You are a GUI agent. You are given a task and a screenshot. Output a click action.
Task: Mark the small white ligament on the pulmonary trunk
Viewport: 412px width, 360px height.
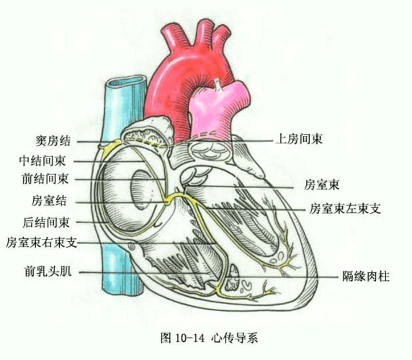(x=216, y=86)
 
